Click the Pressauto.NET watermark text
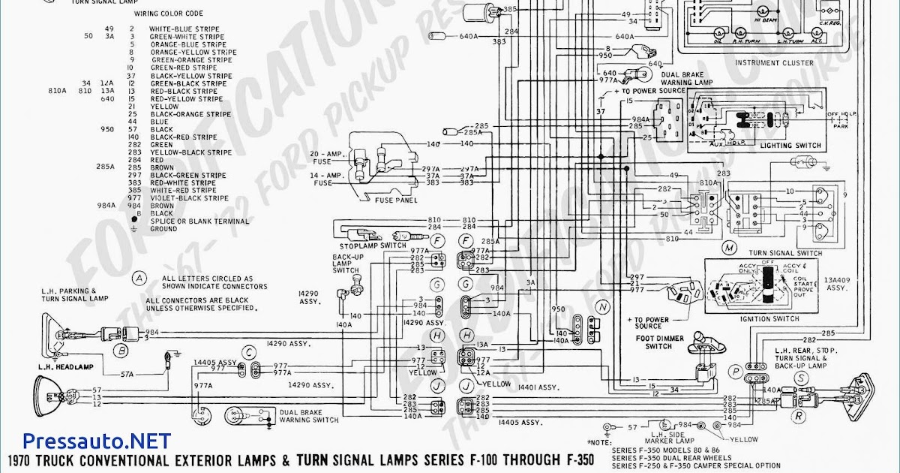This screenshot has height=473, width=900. pos(97,441)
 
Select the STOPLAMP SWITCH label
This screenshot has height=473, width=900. pos(373,246)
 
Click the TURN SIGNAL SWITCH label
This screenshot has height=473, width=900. pos(785,253)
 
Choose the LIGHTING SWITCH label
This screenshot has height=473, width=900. pos(790,146)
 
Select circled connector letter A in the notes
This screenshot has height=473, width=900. pos(139,278)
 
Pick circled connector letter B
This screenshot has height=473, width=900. pos(119,349)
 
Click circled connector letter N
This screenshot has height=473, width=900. pos(603,306)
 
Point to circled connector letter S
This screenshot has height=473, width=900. pos(801,378)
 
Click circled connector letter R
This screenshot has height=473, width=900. pos(799,415)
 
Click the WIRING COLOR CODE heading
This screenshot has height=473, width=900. pos(169,14)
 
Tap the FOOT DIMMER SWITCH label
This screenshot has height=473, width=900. pos(659,342)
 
